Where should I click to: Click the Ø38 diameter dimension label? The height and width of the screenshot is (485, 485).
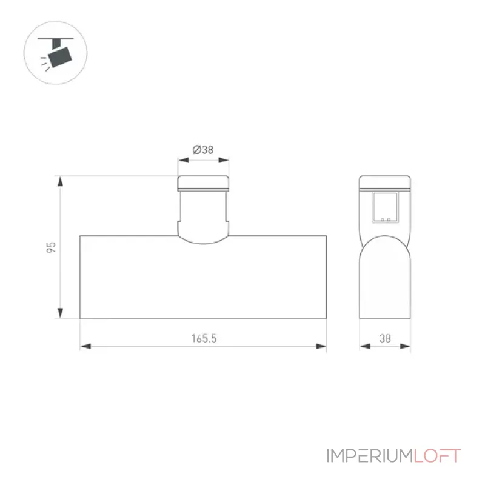(203, 150)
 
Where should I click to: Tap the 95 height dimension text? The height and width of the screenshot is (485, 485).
(51, 247)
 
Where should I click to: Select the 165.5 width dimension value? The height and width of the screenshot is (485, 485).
(204, 338)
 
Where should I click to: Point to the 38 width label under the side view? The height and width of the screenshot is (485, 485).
(385, 338)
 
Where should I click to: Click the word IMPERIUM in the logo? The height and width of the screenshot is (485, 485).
(370, 456)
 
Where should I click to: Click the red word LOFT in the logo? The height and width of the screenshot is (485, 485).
(437, 456)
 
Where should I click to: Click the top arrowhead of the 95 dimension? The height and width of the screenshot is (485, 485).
(60, 181)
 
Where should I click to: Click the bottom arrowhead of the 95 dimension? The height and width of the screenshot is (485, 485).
(60, 313)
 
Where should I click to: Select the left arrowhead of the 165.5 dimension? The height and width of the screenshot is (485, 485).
(85, 346)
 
